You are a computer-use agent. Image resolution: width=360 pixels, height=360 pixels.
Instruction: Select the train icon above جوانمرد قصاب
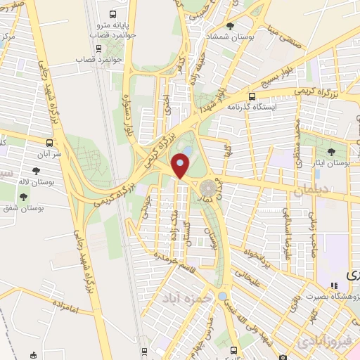tap(98, 48)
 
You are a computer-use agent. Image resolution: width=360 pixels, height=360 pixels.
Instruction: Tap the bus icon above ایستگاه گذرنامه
tap(254, 94)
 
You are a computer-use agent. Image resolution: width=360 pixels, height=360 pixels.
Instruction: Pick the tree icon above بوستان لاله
tap(36, 170)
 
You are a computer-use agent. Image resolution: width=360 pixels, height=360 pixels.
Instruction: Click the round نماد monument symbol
tap(208, 188)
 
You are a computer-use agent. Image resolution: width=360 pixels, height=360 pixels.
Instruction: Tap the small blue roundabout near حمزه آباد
tap(223, 296)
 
